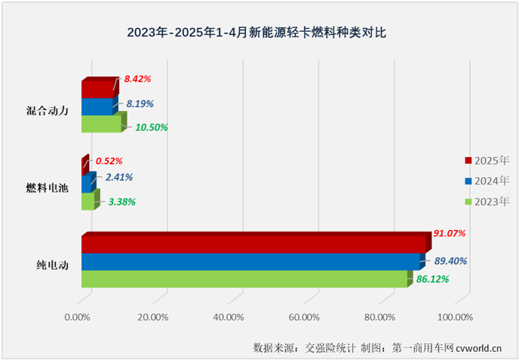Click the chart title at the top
tap(259, 32)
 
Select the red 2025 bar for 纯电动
tap(253, 244)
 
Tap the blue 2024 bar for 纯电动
tap(250, 261)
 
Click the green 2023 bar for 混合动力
tap(100, 123)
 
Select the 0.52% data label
tap(109, 161)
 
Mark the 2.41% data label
tap(120, 177)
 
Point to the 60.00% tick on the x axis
tap(304, 317)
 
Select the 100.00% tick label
tap(454, 317)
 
